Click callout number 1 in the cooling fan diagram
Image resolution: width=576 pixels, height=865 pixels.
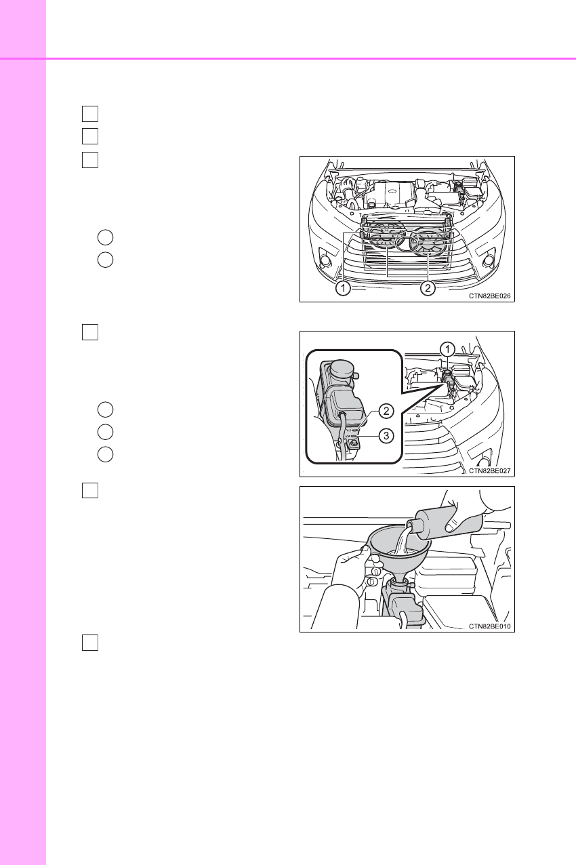[343, 288]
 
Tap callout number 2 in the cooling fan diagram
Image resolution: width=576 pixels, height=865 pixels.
[428, 288]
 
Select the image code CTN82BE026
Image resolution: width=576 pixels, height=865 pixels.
[489, 296]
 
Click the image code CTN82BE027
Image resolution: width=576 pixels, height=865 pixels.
[489, 471]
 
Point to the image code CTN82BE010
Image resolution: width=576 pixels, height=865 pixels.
[489, 626]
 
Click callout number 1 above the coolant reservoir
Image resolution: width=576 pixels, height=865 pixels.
[447, 350]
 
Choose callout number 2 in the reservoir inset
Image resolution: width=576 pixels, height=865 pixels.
[386, 411]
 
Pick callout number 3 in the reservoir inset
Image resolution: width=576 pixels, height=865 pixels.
[386, 436]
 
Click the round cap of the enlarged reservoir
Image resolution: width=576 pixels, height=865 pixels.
[342, 369]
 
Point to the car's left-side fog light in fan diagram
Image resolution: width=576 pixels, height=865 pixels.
[325, 261]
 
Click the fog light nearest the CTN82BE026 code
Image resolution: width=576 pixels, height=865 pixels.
[489, 261]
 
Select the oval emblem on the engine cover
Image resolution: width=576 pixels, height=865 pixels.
[392, 192]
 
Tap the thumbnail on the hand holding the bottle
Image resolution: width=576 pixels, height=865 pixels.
[450, 527]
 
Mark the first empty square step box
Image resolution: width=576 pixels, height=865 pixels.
[90, 113]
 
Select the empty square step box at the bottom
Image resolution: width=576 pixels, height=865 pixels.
[90, 643]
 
